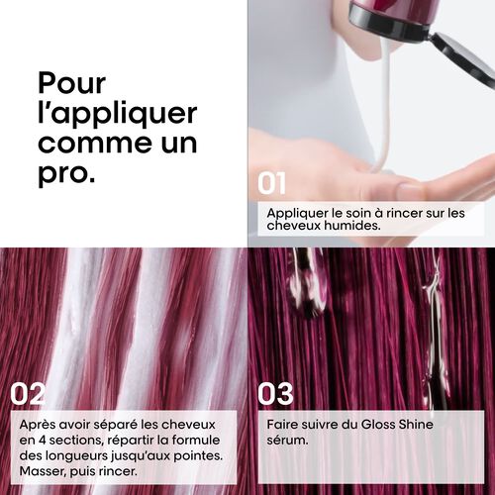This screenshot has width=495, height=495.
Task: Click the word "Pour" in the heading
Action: click(72, 83)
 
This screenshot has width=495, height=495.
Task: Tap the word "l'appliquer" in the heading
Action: click(117, 113)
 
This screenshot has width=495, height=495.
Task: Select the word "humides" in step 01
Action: click(353, 226)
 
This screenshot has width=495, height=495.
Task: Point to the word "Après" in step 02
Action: click(39, 425)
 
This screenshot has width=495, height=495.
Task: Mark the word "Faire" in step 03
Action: click(282, 425)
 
